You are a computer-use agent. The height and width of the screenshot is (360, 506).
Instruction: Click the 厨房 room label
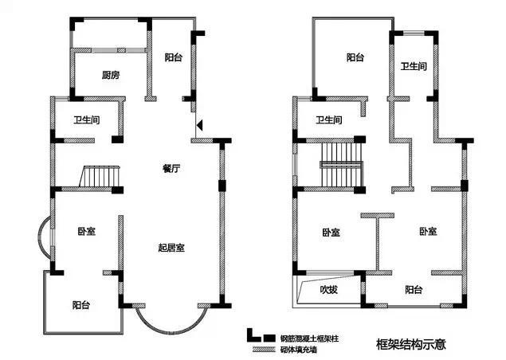tap(111, 75)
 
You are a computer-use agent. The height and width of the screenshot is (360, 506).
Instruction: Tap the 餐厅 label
tap(171, 168)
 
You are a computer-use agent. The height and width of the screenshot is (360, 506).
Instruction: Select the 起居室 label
tap(171, 248)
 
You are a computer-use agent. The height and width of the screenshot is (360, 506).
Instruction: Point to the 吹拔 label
tap(328, 290)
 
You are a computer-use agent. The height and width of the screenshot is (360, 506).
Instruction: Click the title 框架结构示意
tap(411, 344)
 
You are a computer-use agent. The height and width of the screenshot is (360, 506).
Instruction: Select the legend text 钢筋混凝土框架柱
tap(309, 338)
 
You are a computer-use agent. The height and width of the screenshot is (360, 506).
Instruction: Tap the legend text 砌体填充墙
tap(299, 350)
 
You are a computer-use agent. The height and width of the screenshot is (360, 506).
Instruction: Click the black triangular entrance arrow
tap(200, 125)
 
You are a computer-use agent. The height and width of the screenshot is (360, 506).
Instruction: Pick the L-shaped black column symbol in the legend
tap(254, 335)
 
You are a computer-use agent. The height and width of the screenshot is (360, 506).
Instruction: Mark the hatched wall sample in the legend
tap(264, 349)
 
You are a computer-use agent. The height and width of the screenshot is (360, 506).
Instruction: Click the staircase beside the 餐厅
tap(100, 176)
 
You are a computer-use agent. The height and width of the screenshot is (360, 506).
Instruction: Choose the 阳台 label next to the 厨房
tap(174, 57)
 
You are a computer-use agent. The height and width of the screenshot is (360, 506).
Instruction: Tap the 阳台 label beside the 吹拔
tap(414, 289)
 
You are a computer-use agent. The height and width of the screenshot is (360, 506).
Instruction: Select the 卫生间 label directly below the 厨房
tap(87, 120)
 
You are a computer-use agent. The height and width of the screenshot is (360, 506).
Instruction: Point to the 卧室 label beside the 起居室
tap(87, 231)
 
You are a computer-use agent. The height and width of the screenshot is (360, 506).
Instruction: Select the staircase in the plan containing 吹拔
tap(341, 165)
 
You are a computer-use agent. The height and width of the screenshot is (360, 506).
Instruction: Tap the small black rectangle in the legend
tap(269, 338)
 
